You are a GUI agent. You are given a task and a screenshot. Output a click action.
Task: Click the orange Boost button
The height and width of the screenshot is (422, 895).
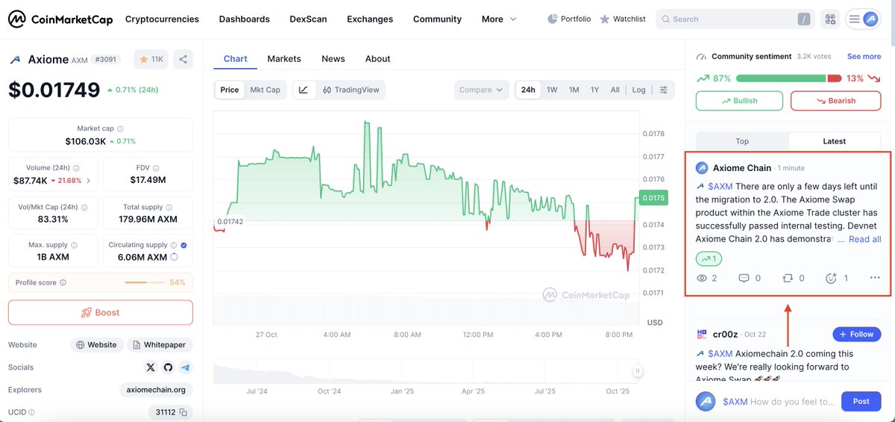[101, 312]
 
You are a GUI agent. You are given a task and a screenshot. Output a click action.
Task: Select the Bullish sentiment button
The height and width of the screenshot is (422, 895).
[739, 101]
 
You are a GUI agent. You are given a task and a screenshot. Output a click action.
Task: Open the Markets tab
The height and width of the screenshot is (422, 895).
[284, 58]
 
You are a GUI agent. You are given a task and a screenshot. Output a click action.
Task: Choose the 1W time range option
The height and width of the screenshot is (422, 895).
[552, 90]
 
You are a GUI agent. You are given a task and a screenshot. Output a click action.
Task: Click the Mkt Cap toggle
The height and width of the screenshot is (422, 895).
[265, 90]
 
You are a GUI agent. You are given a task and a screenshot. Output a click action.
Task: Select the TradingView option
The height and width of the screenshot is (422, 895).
[351, 90]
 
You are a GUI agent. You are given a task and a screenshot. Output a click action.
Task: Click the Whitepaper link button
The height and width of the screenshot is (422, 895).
[160, 345]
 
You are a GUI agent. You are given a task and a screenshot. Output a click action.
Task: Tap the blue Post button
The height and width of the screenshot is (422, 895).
[861, 401]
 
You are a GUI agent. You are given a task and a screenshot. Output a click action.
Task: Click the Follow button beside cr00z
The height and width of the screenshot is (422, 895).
[856, 334]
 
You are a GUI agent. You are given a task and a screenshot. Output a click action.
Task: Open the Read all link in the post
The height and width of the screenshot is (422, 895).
[864, 239]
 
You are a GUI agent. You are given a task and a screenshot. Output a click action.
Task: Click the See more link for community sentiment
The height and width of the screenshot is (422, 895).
[864, 56]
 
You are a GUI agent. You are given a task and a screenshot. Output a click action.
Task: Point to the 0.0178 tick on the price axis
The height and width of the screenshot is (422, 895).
[653, 134]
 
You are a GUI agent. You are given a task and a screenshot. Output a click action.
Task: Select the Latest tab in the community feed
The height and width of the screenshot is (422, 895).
[834, 141]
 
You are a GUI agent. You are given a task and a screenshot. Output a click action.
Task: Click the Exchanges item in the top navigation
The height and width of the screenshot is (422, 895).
[370, 19]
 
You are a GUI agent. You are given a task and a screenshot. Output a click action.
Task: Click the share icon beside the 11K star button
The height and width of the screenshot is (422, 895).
[183, 59]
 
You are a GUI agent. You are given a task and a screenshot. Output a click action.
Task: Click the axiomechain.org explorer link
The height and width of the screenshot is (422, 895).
[156, 390]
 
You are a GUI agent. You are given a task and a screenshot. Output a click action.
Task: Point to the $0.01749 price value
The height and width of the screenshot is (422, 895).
[54, 90]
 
